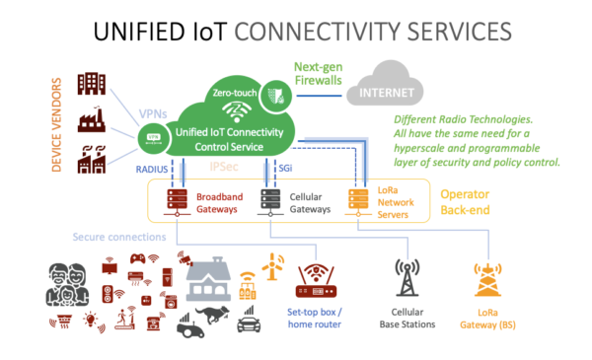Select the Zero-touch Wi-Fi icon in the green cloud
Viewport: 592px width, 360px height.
click(x=233, y=109)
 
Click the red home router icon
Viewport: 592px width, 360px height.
click(x=316, y=281)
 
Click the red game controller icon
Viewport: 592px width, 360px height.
click(x=138, y=261)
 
